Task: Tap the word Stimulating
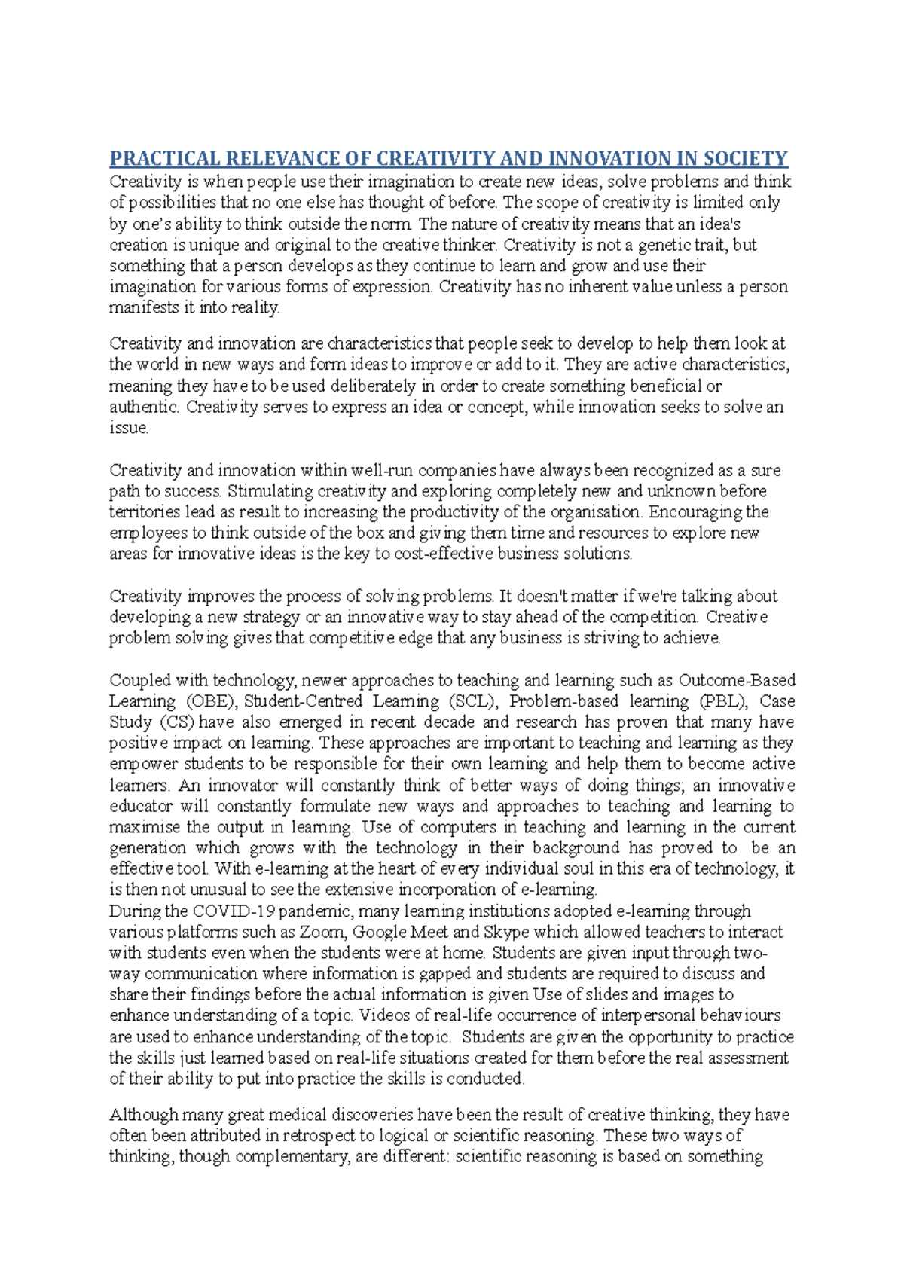[x=269, y=491]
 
